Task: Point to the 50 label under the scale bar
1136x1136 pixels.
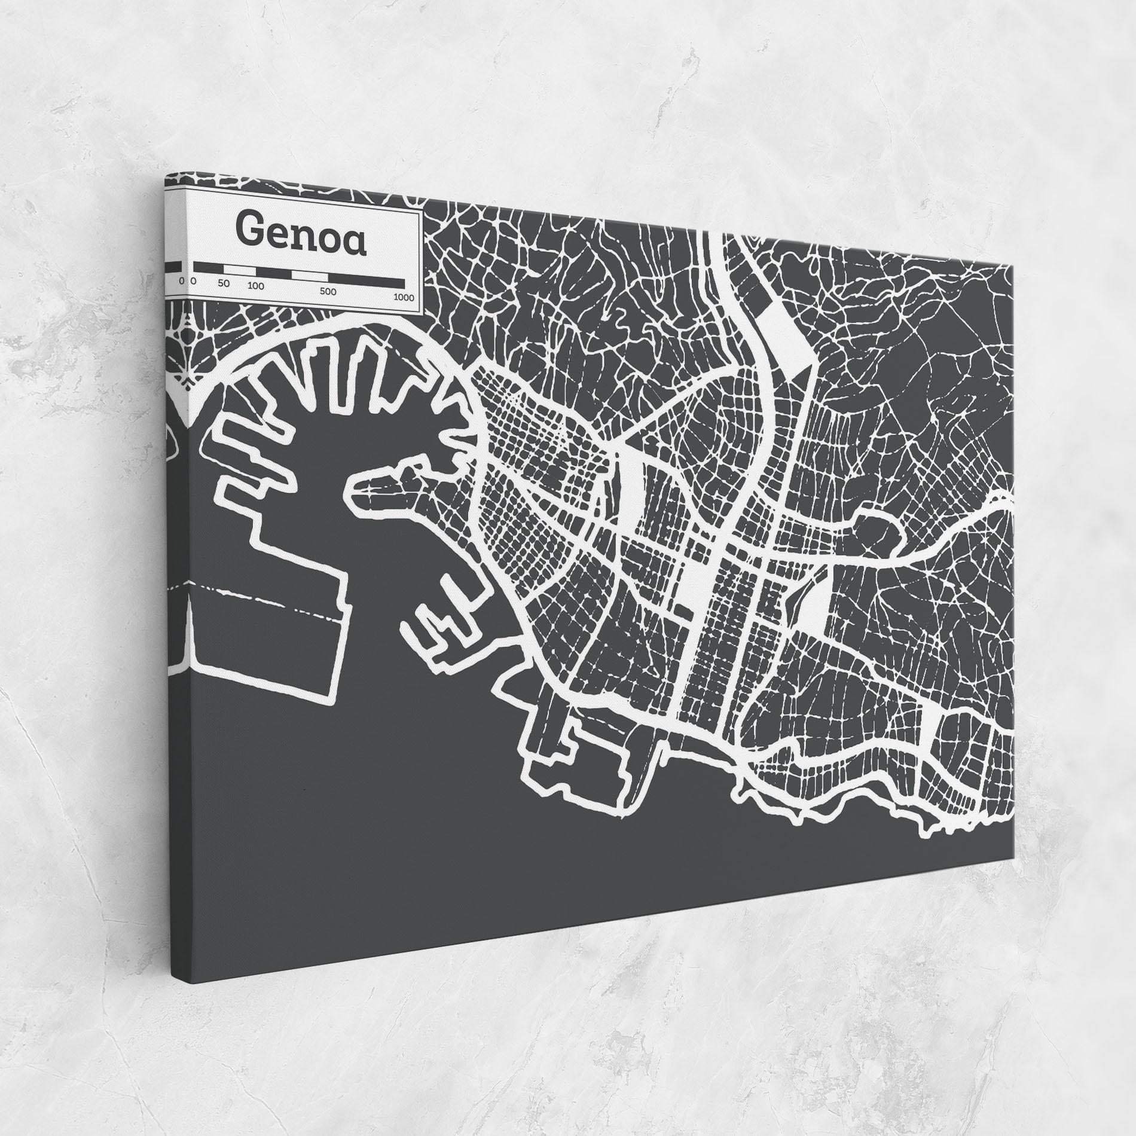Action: pos(224,283)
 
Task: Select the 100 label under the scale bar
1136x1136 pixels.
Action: pos(256,286)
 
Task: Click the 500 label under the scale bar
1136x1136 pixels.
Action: pos(328,292)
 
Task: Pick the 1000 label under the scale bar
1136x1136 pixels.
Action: pos(404,297)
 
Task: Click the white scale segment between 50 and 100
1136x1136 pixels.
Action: pos(243,270)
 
